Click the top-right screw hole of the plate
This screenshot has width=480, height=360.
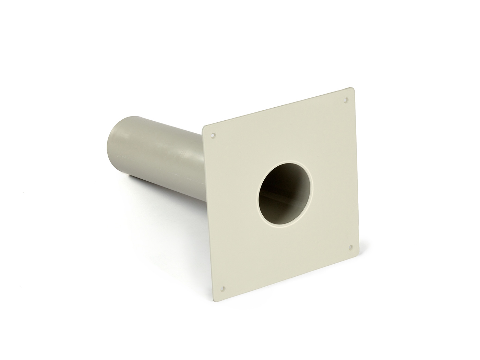[x=346, y=100]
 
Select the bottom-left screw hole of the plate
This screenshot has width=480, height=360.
[x=224, y=288]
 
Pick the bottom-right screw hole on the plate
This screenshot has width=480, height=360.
[x=350, y=247]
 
